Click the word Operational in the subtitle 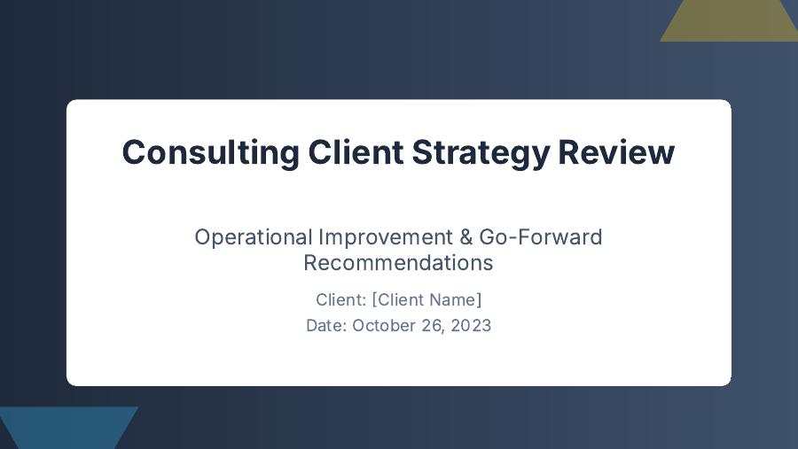point(253,237)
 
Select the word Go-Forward point(541,237)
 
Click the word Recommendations point(398,263)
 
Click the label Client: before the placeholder point(340,299)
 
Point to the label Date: point(326,325)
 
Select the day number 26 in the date point(434,325)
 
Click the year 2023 point(471,325)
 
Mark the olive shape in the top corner point(729,19)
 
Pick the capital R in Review point(568,152)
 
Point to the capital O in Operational point(202,237)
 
